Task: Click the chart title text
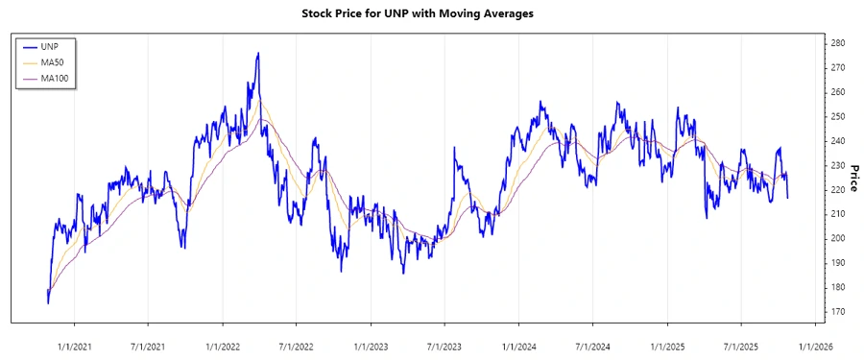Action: [431, 14]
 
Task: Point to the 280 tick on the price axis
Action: [837, 43]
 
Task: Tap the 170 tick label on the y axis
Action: [837, 312]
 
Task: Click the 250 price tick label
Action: [837, 116]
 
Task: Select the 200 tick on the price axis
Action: [837, 238]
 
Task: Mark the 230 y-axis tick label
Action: [837, 165]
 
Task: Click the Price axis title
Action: [854, 178]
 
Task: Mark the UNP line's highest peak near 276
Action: [257, 54]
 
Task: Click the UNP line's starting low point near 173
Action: [48, 303]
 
